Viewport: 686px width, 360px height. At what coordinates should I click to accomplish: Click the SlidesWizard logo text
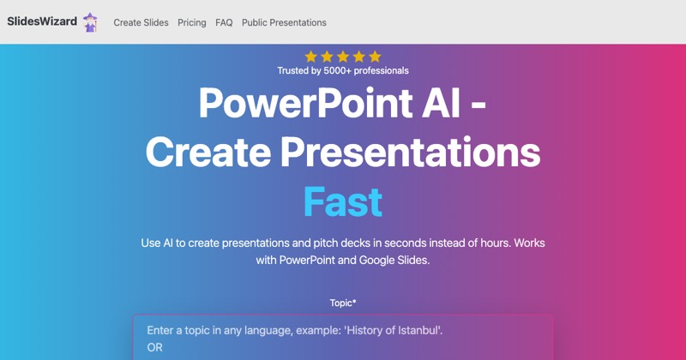[x=42, y=21]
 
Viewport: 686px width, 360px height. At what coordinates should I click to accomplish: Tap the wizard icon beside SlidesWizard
[x=90, y=22]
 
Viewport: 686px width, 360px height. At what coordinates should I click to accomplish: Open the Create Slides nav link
[x=141, y=23]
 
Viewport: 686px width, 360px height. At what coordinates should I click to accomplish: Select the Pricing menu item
[x=191, y=23]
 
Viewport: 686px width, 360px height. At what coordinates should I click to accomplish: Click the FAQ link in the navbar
[x=224, y=23]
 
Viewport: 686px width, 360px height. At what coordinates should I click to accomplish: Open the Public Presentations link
[x=284, y=23]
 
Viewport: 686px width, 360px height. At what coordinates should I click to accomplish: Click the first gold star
[x=311, y=57]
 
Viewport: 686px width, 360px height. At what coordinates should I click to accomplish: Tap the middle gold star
[x=343, y=57]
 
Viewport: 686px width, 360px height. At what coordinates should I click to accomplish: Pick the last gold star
[x=375, y=57]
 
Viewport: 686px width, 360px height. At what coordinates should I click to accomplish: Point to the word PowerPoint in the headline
[x=305, y=103]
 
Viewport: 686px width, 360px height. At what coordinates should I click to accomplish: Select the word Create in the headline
[x=208, y=153]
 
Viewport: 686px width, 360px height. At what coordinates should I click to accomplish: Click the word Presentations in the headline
[x=411, y=153]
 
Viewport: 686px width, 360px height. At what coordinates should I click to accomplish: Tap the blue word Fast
[x=343, y=202]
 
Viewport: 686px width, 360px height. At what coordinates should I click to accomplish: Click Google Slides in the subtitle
[x=394, y=261]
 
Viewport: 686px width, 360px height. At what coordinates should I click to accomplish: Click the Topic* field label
[x=343, y=303]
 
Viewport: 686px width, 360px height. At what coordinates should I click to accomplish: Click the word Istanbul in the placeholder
[x=419, y=330]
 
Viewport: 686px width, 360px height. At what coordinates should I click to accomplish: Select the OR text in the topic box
[x=155, y=348]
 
